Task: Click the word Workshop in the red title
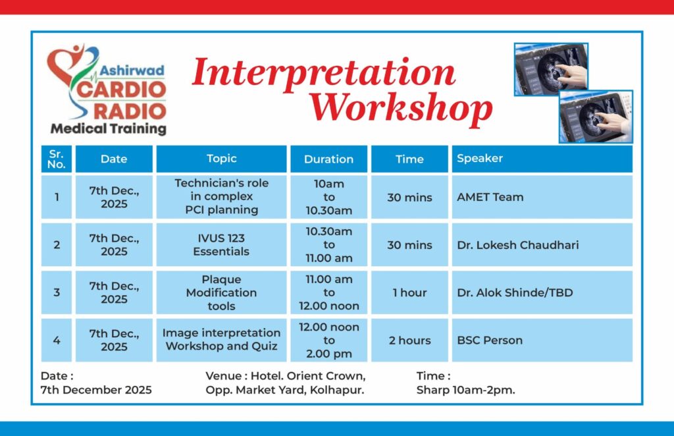point(401,109)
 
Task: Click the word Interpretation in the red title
point(323,73)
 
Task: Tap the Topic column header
point(221,159)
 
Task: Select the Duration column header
point(329,159)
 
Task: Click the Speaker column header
point(542,159)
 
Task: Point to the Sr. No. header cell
point(57,159)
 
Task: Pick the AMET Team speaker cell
point(542,197)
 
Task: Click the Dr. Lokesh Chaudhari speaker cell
point(542,244)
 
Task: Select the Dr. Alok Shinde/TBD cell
point(542,292)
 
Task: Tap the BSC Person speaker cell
point(542,340)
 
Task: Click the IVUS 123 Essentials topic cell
point(221,244)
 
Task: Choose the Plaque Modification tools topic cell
point(221,292)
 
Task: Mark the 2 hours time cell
point(409,340)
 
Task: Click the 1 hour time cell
point(409,292)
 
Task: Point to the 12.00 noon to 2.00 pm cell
point(329,340)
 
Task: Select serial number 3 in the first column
point(57,292)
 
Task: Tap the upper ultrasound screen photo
point(551,68)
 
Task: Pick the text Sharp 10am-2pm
point(465,390)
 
